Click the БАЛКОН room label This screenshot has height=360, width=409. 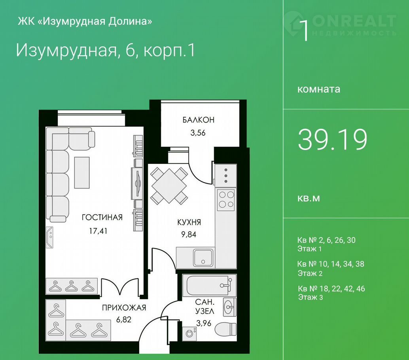[198, 120]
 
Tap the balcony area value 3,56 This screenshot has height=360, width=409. [198, 133]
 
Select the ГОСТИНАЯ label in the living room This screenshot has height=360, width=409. [102, 217]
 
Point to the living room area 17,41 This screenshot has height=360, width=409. [98, 231]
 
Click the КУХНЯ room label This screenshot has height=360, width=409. [189, 222]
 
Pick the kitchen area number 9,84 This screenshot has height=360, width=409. [189, 235]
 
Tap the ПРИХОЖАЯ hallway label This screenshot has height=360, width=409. [124, 308]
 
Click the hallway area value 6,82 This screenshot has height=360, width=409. [124, 320]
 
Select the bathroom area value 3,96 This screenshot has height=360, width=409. [204, 323]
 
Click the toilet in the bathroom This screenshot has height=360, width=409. [225, 330]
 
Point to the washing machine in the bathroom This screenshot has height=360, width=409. [189, 333]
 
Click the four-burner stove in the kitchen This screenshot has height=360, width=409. [226, 199]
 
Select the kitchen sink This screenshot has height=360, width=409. [203, 258]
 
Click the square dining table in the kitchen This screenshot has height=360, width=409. [169, 186]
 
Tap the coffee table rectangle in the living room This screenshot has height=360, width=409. [82, 172]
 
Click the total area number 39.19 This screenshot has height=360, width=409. [333, 140]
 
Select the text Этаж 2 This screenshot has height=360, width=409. [310, 273]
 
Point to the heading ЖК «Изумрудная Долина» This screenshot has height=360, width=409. [85, 21]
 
